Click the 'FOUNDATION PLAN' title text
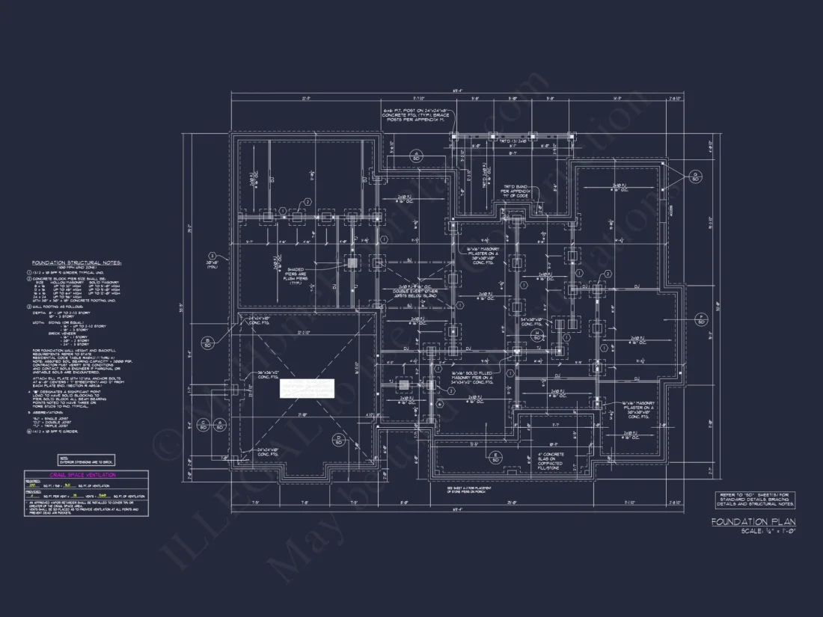pos(753,521)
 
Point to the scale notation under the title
pos(767,531)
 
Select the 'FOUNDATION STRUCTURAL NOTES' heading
pos(76,263)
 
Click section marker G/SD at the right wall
pos(695,176)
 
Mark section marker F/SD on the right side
pos(700,319)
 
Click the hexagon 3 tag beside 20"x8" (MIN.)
pos(212,256)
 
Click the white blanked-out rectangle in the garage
pos(307,388)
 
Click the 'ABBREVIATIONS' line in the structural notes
pos(51,412)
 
